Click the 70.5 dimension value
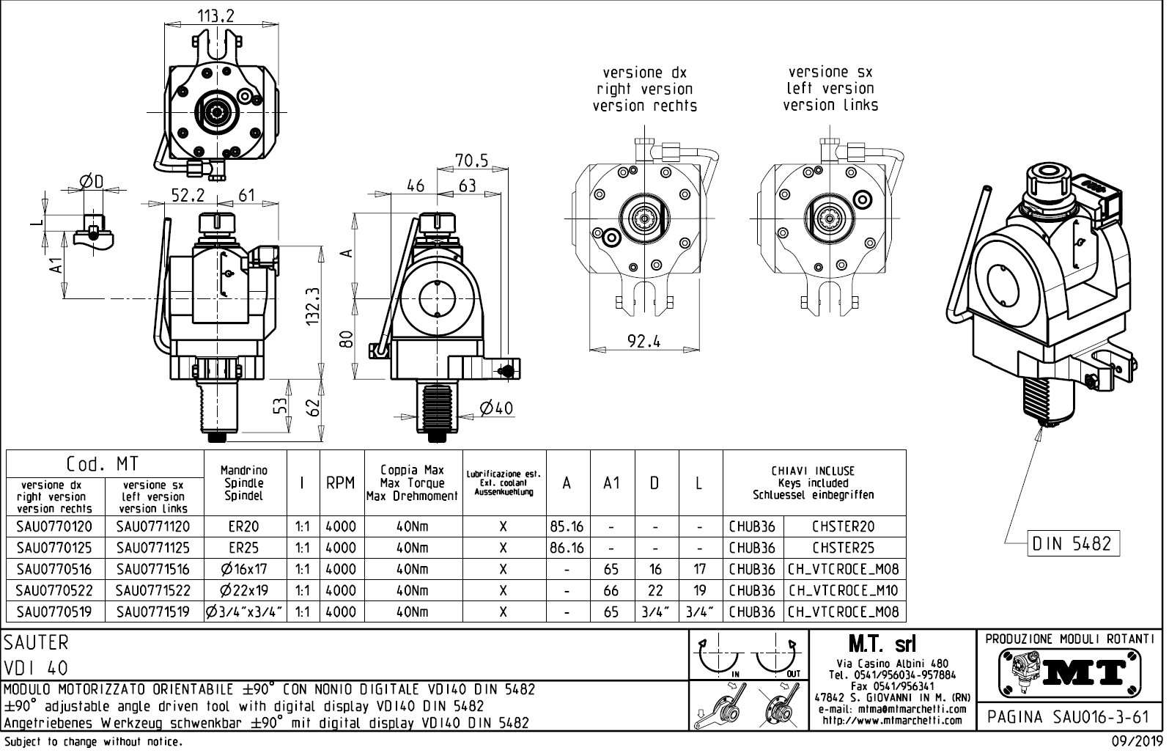pyautogui.click(x=471, y=160)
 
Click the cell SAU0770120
pyautogui.click(x=55, y=526)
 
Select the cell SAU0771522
pyautogui.click(x=153, y=590)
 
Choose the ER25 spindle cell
pyautogui.click(x=244, y=548)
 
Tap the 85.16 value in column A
pyautogui.click(x=567, y=526)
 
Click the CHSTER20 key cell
pyautogui.click(x=843, y=526)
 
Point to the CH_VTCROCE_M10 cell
pyautogui.click(x=843, y=590)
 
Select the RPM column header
pyautogui.click(x=341, y=483)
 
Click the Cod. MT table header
pyautogui.click(x=103, y=464)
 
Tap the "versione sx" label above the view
pyautogui.click(x=830, y=72)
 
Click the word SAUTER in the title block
pyautogui.click(x=36, y=642)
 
